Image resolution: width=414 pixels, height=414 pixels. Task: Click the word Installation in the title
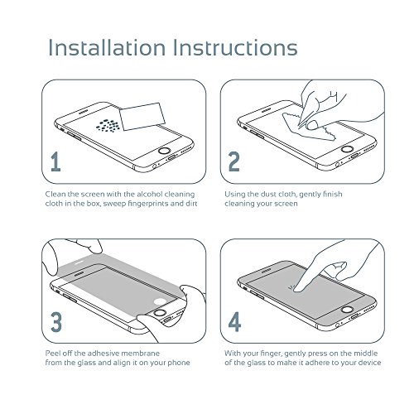tap(107, 47)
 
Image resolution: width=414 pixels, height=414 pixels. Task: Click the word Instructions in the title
tap(235, 47)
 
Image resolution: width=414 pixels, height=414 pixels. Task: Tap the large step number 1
tap(56, 161)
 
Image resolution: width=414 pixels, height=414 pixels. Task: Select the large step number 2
tap(234, 161)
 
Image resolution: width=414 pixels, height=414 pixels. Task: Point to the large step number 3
tap(56, 322)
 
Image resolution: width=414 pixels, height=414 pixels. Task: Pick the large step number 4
tap(234, 322)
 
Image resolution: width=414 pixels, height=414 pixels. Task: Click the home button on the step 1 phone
tap(165, 151)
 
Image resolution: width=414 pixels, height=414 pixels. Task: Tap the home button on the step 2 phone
tap(347, 149)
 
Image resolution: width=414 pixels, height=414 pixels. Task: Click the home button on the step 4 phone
tap(347, 309)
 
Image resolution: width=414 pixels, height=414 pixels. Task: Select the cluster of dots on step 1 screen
tap(108, 125)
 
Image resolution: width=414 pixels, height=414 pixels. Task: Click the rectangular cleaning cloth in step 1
tap(142, 117)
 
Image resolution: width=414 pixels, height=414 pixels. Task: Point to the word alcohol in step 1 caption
tap(149, 194)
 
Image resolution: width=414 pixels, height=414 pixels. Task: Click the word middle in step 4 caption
tap(365, 354)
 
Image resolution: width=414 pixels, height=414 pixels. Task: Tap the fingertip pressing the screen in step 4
tap(298, 289)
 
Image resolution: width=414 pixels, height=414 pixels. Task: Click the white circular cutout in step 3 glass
tap(160, 301)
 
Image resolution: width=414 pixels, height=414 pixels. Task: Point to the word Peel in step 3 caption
tap(52, 354)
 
